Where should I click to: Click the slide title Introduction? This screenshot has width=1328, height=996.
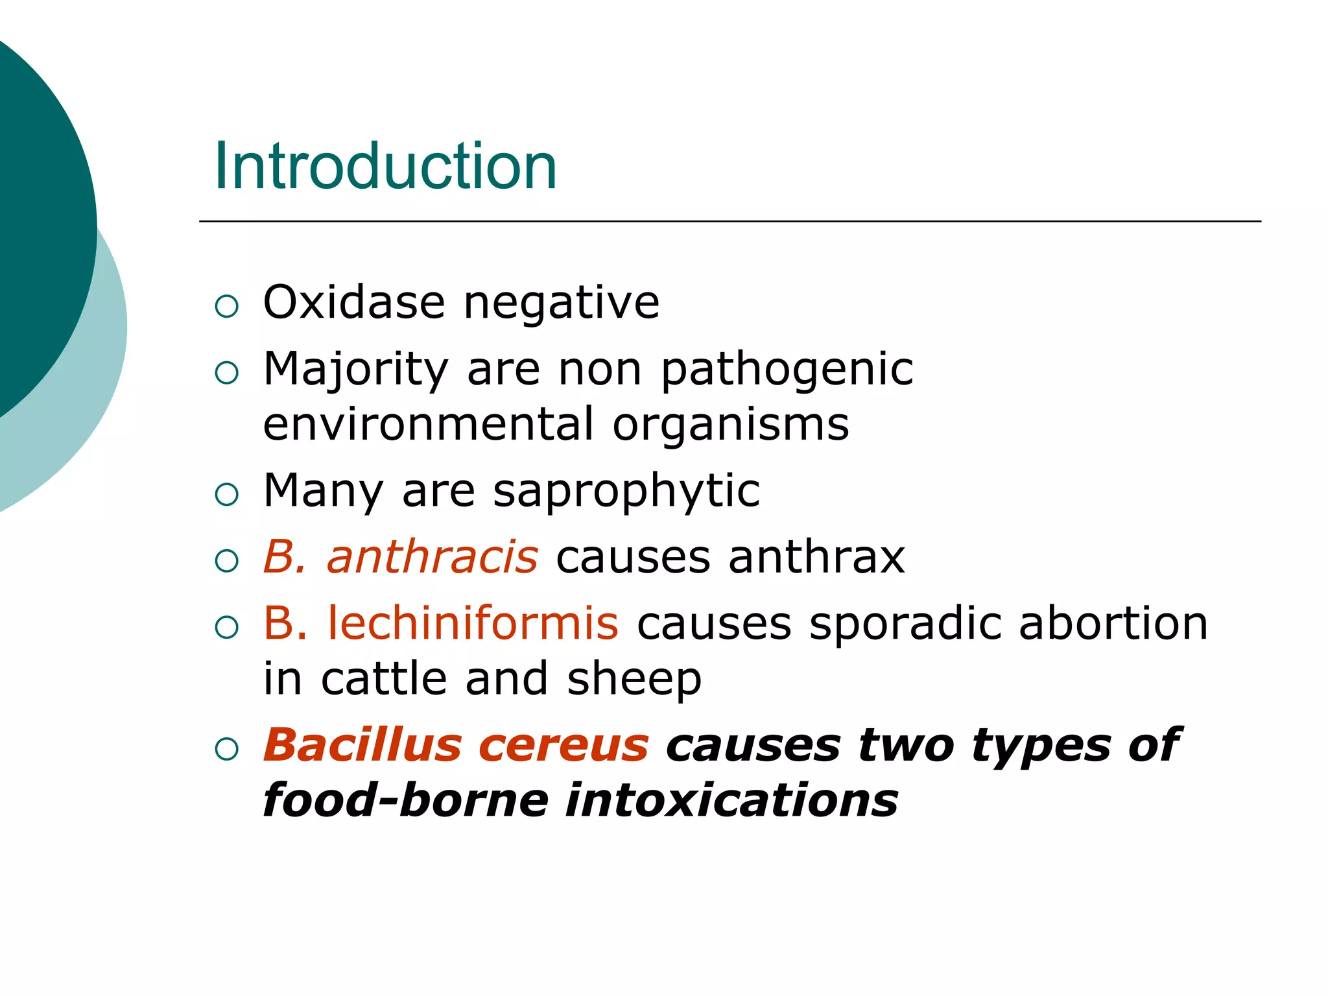(385, 167)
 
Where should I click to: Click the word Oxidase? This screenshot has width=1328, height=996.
(354, 303)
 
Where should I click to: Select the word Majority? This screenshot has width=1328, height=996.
(356, 370)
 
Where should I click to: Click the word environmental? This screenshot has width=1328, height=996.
(429, 425)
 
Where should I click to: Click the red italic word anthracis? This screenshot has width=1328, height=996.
(433, 557)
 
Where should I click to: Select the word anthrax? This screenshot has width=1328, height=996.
(816, 557)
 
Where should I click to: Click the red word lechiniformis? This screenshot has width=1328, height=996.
(473, 623)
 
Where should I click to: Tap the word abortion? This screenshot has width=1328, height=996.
(1113, 623)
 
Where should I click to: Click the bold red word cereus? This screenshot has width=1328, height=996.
(563, 746)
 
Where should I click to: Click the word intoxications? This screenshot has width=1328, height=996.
(731, 801)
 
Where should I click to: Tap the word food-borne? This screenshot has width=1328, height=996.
(406, 800)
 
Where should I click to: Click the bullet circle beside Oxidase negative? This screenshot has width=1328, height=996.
(227, 306)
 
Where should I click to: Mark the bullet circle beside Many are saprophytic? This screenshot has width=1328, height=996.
(227, 495)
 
